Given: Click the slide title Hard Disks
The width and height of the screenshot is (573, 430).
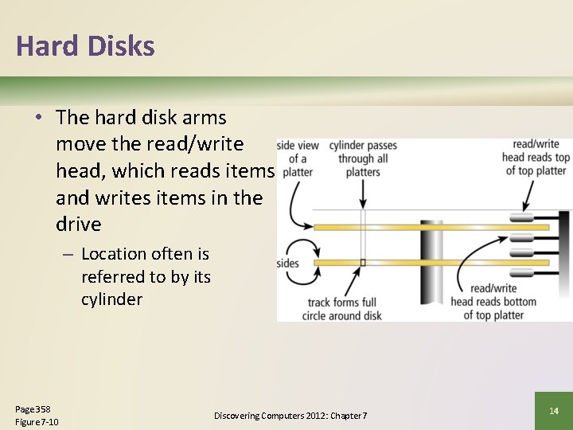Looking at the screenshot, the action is pyautogui.click(x=85, y=46).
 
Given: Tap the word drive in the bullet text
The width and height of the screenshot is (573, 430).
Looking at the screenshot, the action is pyautogui.click(x=79, y=225).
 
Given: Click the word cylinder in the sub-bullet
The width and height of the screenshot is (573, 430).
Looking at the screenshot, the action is pyautogui.click(x=111, y=299).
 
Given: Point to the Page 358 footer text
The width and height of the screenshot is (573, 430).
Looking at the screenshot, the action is pyautogui.click(x=33, y=408).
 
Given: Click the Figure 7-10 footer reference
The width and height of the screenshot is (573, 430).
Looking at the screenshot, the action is pyautogui.click(x=37, y=421).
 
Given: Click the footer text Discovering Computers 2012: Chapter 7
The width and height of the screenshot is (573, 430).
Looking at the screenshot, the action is pyautogui.click(x=290, y=416).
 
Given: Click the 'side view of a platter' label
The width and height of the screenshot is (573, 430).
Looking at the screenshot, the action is pyautogui.click(x=297, y=158).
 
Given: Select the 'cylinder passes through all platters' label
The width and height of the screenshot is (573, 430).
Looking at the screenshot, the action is pyautogui.click(x=363, y=158).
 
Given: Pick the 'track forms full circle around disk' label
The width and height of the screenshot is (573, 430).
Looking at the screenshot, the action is pyautogui.click(x=341, y=309).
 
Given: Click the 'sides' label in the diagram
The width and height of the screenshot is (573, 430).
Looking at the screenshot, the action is pyautogui.click(x=287, y=264).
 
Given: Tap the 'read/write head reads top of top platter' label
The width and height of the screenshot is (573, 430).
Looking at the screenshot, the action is pyautogui.click(x=536, y=158).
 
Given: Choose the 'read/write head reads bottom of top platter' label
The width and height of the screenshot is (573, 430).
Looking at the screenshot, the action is pyautogui.click(x=493, y=302).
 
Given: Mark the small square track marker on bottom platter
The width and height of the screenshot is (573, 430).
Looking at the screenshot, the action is pyautogui.click(x=363, y=262).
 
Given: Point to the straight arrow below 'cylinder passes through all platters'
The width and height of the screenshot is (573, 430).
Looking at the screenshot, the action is pyautogui.click(x=364, y=190).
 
